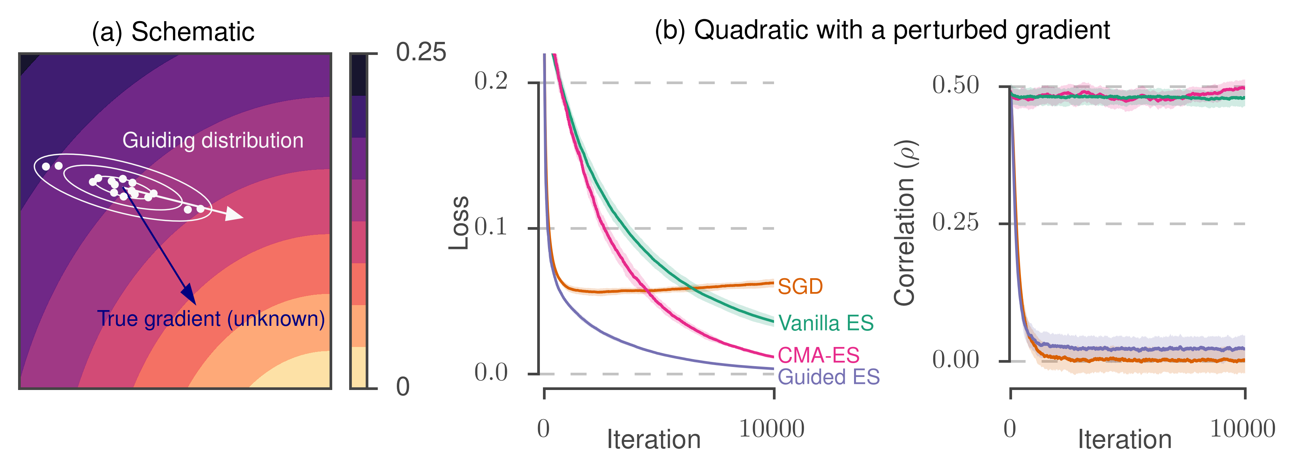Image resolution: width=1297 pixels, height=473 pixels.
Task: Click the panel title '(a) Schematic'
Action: point(173,33)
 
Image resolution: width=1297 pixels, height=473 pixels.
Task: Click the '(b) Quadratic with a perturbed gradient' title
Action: point(882,30)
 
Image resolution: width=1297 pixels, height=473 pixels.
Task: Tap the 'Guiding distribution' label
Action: point(213,140)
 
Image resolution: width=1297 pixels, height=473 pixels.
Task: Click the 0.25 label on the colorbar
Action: point(421,52)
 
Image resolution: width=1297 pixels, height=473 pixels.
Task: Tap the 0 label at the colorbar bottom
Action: point(403,387)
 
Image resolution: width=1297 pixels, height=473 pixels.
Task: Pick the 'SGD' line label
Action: point(800,287)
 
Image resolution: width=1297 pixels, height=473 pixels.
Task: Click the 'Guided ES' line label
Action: point(828,377)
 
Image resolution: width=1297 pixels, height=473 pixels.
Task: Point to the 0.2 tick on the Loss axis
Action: point(491,81)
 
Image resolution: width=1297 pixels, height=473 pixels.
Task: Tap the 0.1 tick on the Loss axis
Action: point(491,227)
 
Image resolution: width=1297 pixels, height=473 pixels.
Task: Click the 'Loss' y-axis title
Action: point(459,223)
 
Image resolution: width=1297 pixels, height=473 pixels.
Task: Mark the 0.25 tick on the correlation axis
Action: point(955,222)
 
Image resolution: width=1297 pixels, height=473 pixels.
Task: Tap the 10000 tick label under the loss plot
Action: point(771,429)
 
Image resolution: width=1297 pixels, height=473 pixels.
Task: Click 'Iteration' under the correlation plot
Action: point(1125,440)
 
